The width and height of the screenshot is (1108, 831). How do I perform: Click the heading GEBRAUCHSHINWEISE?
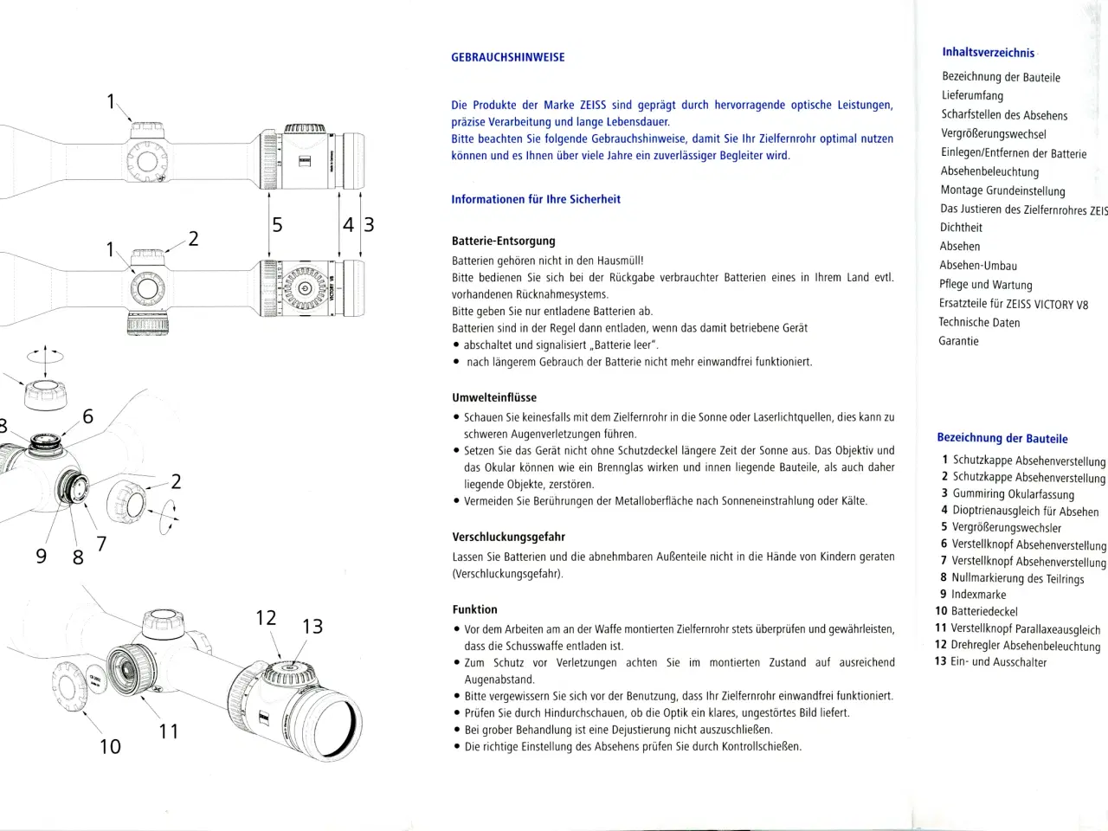coord(507,57)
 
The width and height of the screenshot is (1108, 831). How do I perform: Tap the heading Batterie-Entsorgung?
coord(503,241)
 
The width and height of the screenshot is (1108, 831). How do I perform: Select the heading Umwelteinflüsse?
coord(493,397)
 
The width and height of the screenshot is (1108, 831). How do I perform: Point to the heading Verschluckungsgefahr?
coord(508,537)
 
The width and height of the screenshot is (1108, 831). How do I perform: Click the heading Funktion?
coord(474,609)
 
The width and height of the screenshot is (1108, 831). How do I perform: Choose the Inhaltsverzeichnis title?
coord(988,53)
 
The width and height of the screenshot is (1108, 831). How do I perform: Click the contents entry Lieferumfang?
coord(972,95)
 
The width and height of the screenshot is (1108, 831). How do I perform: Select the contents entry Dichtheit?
coord(961,228)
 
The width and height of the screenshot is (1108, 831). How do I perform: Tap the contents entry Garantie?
coord(958,341)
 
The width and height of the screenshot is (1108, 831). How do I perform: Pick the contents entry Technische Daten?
coord(979,322)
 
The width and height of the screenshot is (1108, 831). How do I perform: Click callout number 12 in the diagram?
coord(266,618)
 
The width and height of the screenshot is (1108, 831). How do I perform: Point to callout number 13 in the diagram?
coord(312,627)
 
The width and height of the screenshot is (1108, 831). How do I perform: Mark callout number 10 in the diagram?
coord(110,746)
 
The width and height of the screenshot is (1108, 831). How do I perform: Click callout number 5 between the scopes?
coord(277,225)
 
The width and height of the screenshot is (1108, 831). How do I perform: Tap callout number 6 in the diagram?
coord(87,416)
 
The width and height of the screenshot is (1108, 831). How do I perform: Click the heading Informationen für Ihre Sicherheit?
coord(535,199)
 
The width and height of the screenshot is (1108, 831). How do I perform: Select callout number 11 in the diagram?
coord(169,731)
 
